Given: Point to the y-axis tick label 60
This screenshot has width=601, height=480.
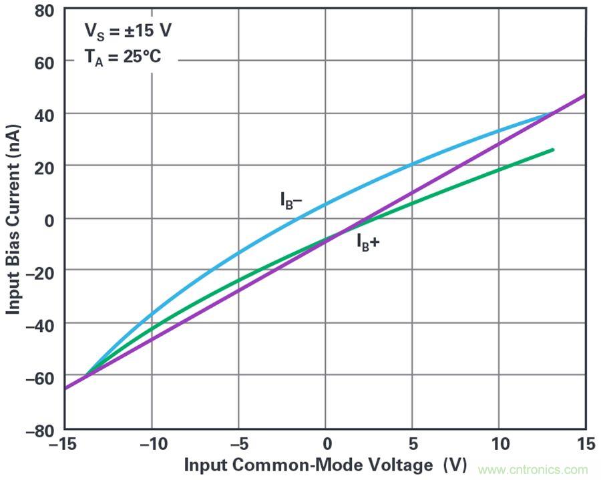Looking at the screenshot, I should pos(45,61).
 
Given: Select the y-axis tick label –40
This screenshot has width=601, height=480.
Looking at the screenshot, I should pos(40,324).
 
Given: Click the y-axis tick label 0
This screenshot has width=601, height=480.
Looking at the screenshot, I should pos(49,220).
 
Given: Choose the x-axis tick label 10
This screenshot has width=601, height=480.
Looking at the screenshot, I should pos(498,445).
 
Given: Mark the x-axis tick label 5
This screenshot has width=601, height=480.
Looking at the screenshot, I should pos(412,445).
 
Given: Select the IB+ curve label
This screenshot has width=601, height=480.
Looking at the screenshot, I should pos(367,242).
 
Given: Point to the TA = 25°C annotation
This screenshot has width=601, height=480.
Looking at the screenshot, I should pos(122,57).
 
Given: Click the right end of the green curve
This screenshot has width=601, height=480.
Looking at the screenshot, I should pos(553,150).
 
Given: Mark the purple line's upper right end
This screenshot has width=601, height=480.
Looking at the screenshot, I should pos(585,95).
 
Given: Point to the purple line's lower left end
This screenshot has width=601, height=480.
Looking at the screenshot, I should pos(65,388).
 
